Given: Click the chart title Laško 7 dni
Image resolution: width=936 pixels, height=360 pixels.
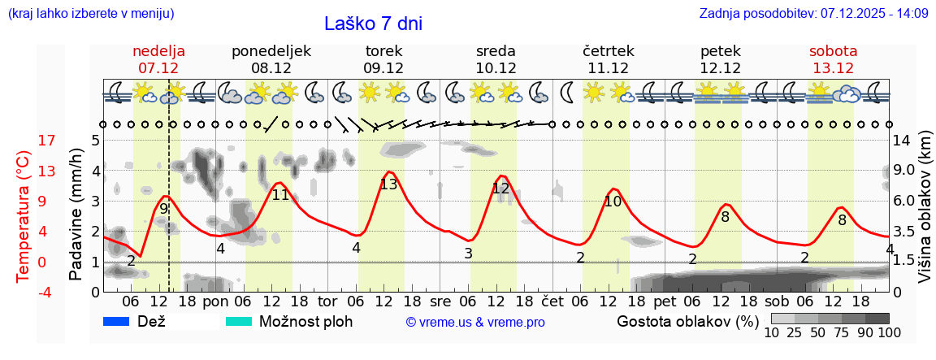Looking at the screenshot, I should tap(373, 24).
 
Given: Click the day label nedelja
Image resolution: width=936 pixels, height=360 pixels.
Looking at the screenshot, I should tap(159, 50).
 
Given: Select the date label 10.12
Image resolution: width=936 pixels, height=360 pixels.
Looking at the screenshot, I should tap(496, 68).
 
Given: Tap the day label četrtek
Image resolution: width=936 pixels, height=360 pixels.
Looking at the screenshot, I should tap(609, 50).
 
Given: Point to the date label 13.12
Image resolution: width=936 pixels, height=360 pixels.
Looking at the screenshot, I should tap(833, 68).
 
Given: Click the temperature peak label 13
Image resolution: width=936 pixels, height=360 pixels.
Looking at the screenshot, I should tap(388, 184).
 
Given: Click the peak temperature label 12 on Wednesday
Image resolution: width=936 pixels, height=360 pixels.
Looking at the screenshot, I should tap(500, 189).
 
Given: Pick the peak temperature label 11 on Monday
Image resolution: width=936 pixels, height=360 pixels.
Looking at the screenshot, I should tap(280, 195).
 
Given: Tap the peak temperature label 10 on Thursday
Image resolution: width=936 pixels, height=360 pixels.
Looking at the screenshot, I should tap(613, 202).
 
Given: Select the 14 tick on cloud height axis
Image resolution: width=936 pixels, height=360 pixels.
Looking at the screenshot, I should tap(903, 141).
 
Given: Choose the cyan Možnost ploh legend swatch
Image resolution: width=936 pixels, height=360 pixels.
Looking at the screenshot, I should tap(239, 322).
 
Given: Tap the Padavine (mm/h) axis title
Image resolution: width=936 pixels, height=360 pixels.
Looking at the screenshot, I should tap(76, 215).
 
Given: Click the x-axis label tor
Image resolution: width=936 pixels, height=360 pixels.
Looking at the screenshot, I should tap(327, 301).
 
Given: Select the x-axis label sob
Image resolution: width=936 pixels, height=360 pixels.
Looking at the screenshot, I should tap(777, 301).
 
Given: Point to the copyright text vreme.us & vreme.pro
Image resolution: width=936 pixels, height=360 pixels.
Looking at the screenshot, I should tap(475, 323).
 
